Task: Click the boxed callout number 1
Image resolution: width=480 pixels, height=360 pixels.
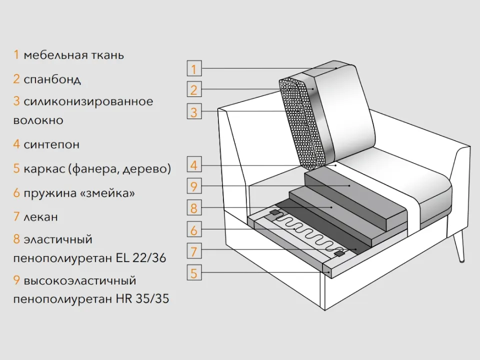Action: (x=194, y=68)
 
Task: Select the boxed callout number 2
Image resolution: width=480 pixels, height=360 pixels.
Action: (x=194, y=89)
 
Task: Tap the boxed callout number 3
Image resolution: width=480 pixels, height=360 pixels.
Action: (x=194, y=111)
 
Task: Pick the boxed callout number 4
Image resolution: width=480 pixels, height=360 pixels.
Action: (x=194, y=164)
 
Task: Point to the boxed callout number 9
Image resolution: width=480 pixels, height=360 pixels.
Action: (x=194, y=185)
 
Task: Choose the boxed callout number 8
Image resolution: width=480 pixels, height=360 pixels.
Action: (x=194, y=207)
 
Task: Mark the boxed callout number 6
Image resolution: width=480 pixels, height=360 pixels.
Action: (x=194, y=229)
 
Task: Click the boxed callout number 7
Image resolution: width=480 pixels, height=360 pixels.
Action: (x=194, y=250)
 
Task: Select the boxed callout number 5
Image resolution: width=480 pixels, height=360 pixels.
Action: (x=194, y=272)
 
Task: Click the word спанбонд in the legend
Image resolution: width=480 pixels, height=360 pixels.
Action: (x=52, y=79)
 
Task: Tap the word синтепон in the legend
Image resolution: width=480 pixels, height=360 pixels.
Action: (x=51, y=144)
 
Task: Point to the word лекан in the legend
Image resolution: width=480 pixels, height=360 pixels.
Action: (x=40, y=216)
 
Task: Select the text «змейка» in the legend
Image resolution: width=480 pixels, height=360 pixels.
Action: (x=107, y=193)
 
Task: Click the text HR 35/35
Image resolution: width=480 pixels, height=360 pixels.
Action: (x=142, y=298)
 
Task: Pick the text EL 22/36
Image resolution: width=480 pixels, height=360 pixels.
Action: (x=141, y=258)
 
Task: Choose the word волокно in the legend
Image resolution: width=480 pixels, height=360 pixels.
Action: (x=38, y=120)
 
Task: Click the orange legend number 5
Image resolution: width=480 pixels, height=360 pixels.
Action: (x=16, y=168)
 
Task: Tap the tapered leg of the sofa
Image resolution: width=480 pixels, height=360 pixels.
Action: (x=458, y=246)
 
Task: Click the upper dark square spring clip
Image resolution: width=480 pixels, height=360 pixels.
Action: (x=274, y=212)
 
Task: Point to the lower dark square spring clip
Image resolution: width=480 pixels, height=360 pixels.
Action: (x=338, y=253)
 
